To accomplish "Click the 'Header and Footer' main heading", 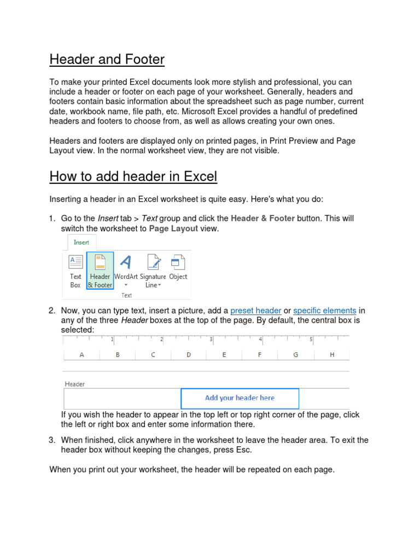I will (107, 59).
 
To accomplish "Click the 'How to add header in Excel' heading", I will (133, 177).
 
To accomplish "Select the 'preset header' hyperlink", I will (255, 311).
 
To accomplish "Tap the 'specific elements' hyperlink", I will (324, 311).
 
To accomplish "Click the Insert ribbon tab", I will (81, 242).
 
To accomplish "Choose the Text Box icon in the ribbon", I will (75, 271).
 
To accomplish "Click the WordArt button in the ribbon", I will (126, 270).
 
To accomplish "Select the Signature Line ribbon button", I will (153, 271).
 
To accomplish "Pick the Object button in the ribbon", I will (178, 270).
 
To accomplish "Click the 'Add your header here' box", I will (240, 398).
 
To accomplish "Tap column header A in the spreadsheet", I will (82, 355).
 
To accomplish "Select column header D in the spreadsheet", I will (189, 355).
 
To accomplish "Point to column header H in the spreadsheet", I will (331, 355).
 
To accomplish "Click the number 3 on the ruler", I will (211, 340).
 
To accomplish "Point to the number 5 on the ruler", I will (311, 340).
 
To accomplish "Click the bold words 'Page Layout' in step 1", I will (173, 229).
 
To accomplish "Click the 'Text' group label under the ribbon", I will (126, 295).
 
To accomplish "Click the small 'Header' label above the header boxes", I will (75, 384).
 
